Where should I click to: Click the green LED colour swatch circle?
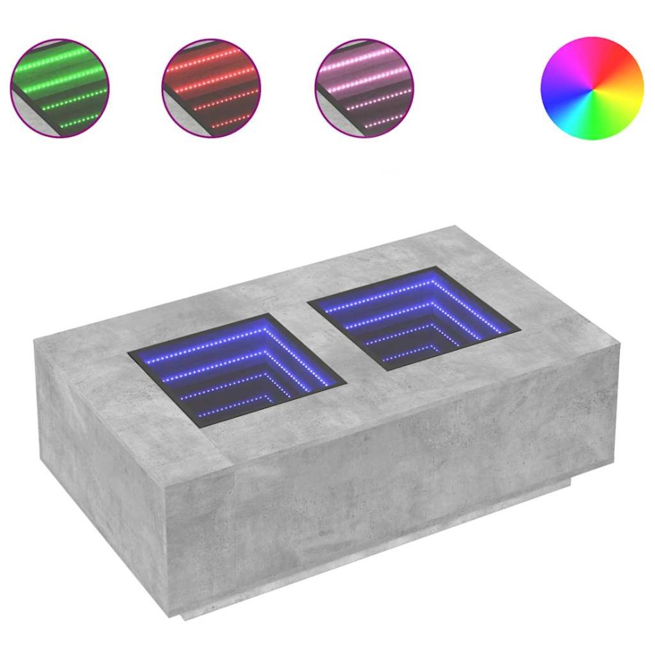[x=59, y=88]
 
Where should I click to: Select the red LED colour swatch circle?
[x=211, y=88]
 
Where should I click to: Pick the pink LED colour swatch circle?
[x=364, y=88]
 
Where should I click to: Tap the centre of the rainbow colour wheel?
[x=591, y=89]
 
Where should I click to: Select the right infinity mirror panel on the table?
[x=413, y=317]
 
